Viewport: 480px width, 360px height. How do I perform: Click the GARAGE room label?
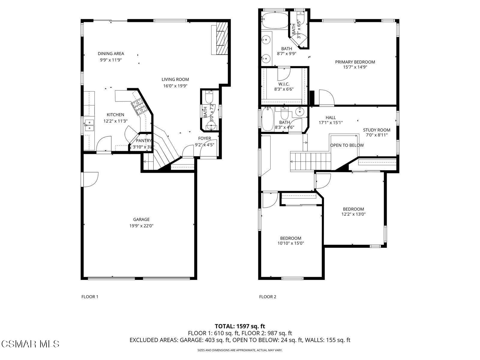point(141,220)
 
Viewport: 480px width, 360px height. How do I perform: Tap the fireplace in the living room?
point(220,38)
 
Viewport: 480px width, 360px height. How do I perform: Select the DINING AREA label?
point(111,54)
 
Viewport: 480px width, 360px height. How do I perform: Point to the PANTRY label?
point(144,141)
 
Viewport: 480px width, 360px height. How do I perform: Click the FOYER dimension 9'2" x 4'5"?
point(204,144)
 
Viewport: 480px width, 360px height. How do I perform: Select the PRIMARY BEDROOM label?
point(355,62)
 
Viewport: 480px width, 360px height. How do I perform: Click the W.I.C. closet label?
point(283,84)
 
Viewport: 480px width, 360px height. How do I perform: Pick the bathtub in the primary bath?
point(274,20)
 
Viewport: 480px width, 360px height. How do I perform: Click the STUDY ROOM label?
point(376,130)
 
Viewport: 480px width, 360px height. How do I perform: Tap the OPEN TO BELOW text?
point(347,145)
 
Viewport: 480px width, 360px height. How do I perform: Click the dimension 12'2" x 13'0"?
point(353,214)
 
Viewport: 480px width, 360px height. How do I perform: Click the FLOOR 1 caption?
point(90,297)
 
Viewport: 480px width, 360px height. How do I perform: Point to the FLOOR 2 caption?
point(268,297)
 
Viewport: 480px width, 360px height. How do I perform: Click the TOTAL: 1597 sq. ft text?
point(240,326)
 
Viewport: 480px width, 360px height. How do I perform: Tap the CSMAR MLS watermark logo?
point(30,343)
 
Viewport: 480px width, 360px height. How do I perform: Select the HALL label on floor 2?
point(331,118)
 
